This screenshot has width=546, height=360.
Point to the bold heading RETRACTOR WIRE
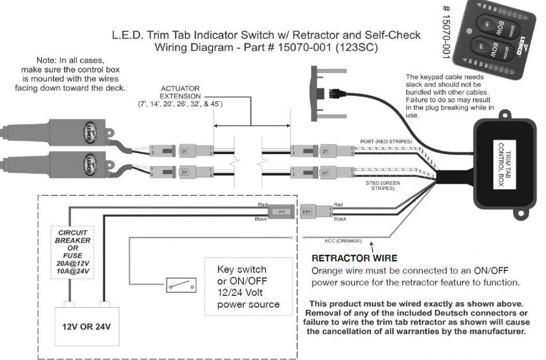[354, 258]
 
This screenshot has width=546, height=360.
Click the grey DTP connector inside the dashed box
[281, 212]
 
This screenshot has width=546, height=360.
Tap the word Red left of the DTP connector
[263, 205]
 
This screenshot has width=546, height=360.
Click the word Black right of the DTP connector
[340, 219]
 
